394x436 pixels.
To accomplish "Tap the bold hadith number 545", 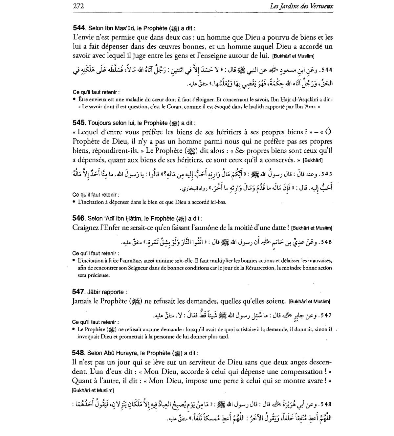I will tap(79, 123).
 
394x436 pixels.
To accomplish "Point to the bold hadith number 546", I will tap(79, 218).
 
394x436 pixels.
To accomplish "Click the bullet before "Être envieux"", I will tap(75, 99).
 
